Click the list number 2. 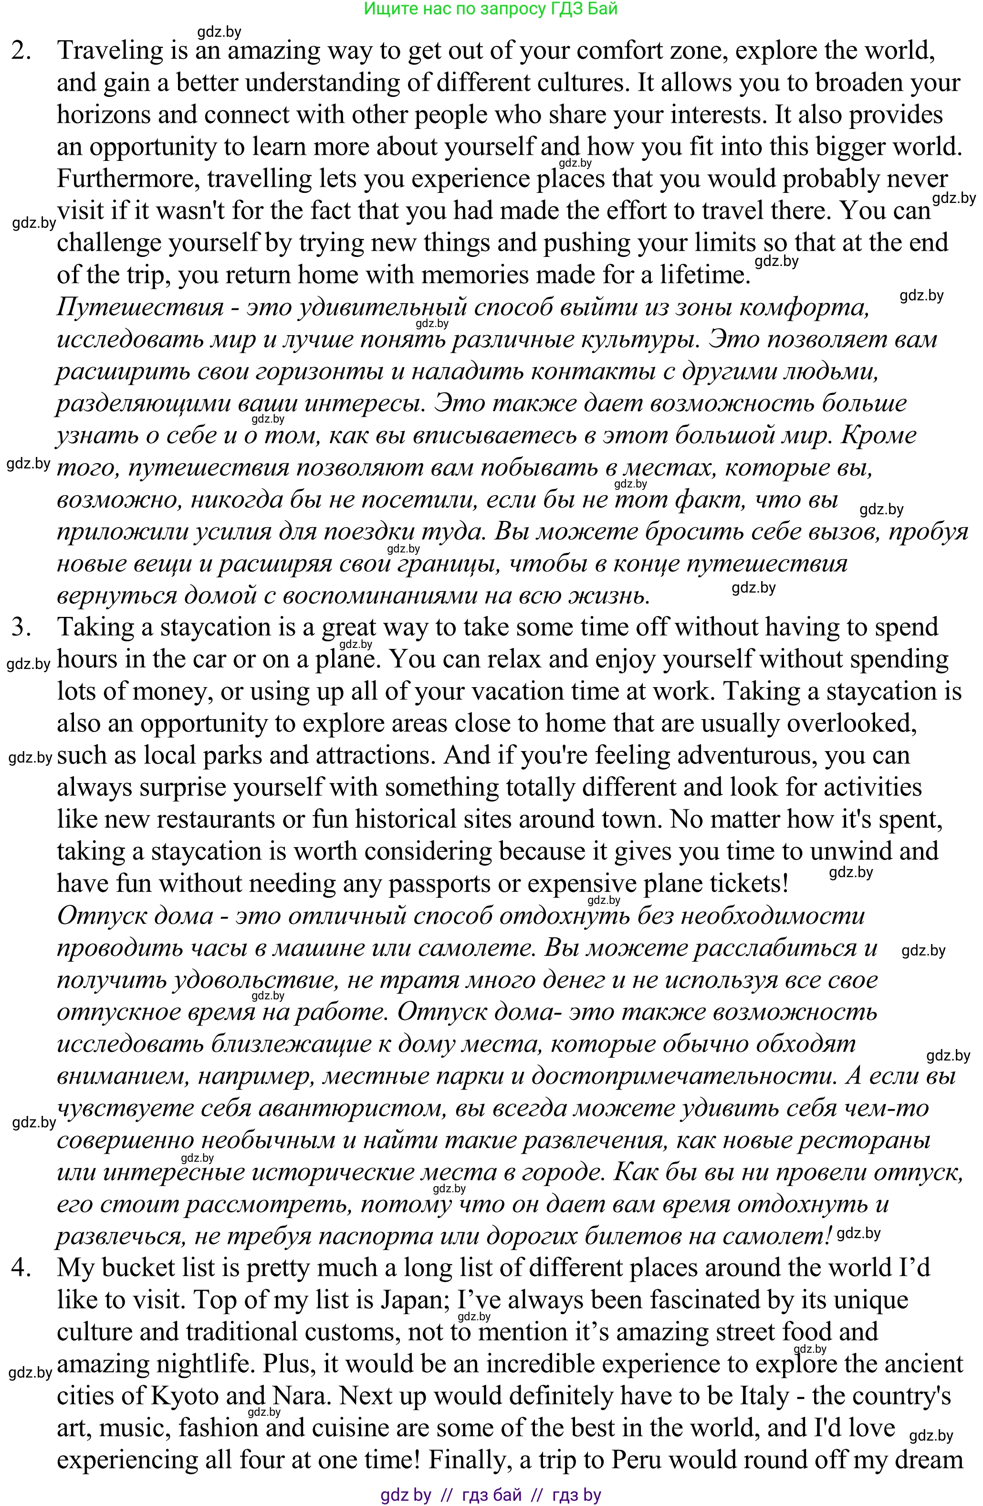21,51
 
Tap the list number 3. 21,627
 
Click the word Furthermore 127,179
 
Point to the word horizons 103,115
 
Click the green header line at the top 491,9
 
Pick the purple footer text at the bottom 491,1495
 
